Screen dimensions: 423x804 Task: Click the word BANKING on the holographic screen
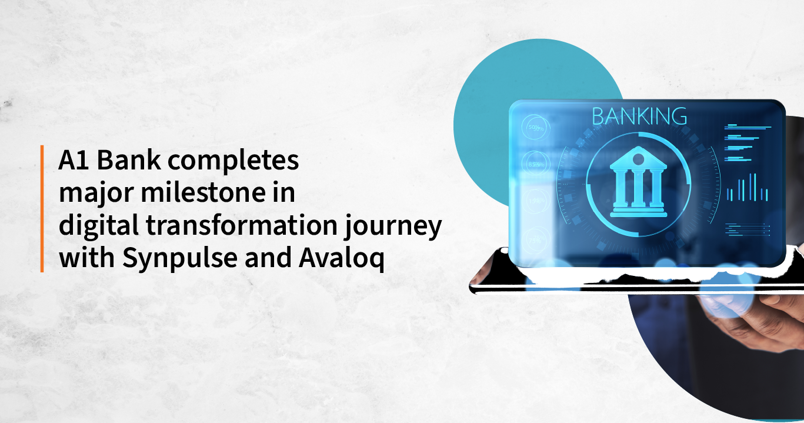coord(639,116)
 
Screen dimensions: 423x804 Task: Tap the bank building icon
coord(638,182)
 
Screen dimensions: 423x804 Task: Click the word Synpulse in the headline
coord(162,259)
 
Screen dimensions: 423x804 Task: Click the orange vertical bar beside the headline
coord(42,209)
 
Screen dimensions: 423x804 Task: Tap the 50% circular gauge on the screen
coord(535,128)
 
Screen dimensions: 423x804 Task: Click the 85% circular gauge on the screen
coord(535,164)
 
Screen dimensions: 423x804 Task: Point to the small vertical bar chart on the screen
coord(747,189)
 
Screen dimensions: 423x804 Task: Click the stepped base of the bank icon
coord(638,211)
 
